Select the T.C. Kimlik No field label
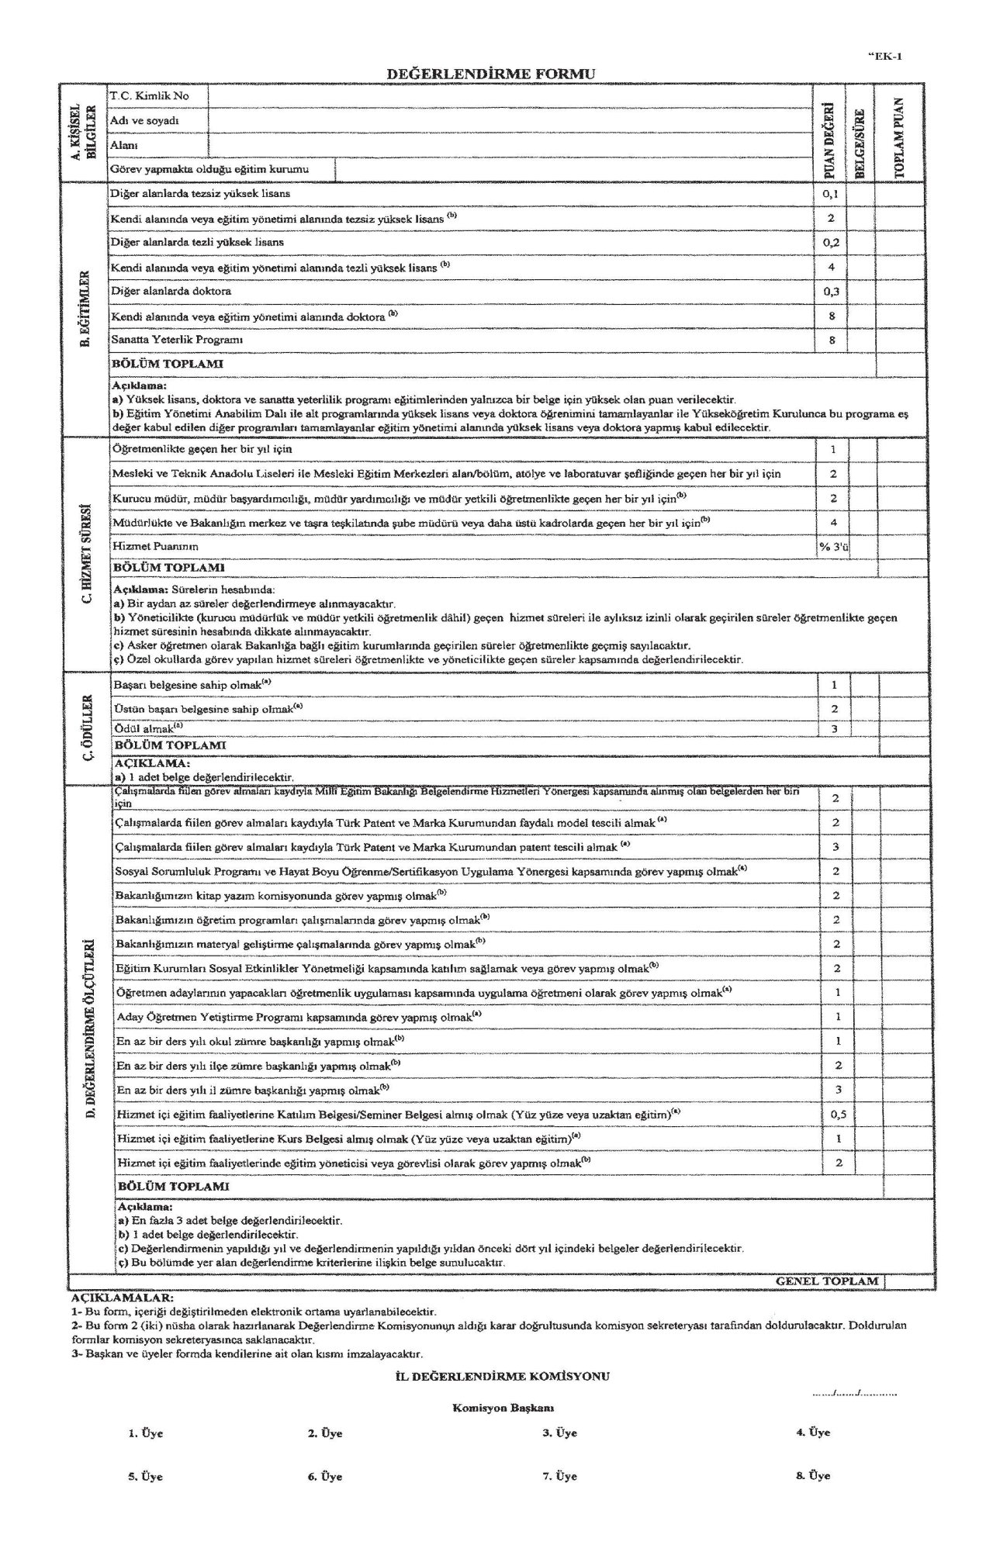150,96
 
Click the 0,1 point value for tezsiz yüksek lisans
831,194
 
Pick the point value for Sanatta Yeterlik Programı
831,340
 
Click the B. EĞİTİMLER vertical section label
86,310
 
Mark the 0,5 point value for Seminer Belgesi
838,1115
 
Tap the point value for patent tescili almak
836,847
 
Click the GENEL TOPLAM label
827,1281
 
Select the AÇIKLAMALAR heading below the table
122,1297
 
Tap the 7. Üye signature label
559,1477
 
